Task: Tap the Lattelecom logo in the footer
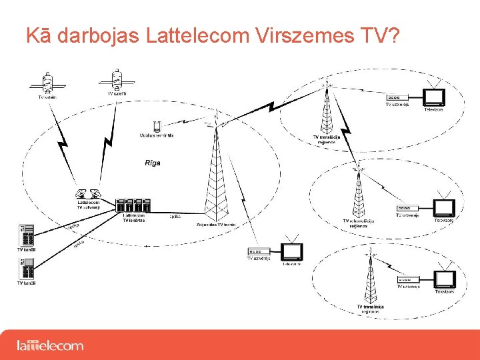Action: (x=51, y=345)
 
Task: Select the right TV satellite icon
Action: (x=117, y=80)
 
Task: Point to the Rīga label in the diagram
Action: (x=153, y=163)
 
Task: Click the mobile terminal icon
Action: (x=157, y=126)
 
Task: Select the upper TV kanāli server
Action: (x=27, y=235)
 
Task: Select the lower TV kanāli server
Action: (x=27, y=268)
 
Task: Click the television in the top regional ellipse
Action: (x=435, y=95)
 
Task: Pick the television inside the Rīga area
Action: (x=291, y=251)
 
